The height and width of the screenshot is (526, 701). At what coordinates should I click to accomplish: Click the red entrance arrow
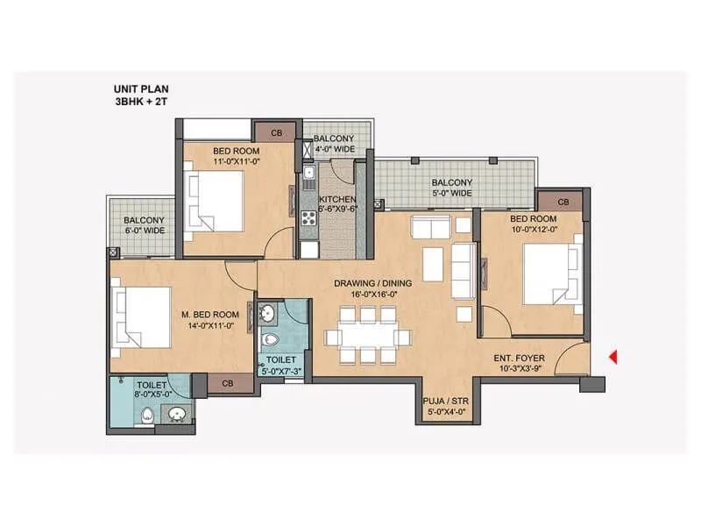(x=614, y=357)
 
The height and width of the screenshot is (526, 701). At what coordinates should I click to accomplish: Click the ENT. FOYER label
(x=519, y=363)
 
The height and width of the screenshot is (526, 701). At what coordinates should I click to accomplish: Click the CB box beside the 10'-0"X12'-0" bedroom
(x=563, y=203)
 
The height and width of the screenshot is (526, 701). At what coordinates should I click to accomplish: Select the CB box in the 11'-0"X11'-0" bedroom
(x=276, y=133)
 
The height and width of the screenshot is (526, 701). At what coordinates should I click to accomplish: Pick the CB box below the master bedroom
(x=227, y=383)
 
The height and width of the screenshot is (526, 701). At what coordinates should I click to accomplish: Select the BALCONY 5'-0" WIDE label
(x=451, y=188)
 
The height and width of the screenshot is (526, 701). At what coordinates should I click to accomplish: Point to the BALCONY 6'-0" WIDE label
(x=145, y=225)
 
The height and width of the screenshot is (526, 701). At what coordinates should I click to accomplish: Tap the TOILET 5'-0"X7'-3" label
(x=281, y=366)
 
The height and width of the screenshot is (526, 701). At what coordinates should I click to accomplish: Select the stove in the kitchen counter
(x=308, y=217)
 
